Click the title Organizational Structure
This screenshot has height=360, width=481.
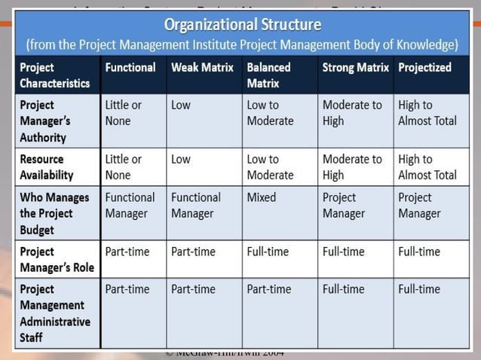pos(242,25)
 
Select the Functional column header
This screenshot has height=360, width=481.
pos(130,67)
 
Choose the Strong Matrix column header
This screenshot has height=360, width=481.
pos(355,67)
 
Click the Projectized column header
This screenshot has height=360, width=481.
pos(424,67)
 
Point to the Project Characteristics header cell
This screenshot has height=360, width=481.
pos(54,75)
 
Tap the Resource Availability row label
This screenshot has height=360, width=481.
pos(47,167)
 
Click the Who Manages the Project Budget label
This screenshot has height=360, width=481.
pos(54,213)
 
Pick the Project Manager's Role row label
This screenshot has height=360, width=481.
pos(52,259)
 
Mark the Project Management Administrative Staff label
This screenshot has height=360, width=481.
pos(55,313)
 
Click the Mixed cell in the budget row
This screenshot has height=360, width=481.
pos(261,197)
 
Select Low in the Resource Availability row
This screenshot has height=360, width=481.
pos(181,159)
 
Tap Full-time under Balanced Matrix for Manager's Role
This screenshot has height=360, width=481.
pos(268,252)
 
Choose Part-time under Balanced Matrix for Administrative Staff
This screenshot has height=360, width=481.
pos(268,289)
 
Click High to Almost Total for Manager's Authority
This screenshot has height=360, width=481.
pos(427,113)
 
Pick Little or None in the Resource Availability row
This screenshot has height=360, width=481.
pos(124,166)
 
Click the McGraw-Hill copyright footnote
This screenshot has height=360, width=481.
pos(224,353)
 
